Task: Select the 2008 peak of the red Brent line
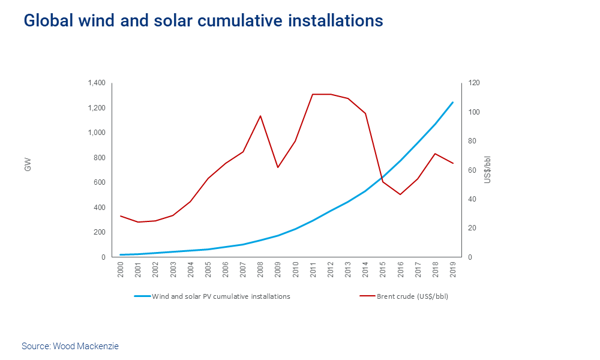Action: (260, 116)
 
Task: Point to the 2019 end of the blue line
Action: (452, 103)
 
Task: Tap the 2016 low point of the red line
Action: (400, 194)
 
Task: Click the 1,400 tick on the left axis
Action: (96, 83)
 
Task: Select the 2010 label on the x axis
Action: (295, 268)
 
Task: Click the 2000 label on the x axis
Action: (121, 268)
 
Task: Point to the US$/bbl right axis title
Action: (488, 170)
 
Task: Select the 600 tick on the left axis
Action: (99, 182)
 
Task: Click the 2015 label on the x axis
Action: (382, 268)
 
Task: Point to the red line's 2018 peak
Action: (435, 154)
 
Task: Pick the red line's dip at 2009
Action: (277, 167)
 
